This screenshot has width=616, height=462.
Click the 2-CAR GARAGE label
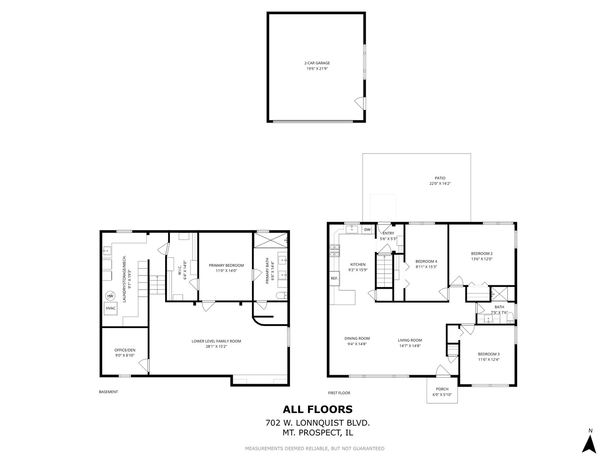(x=317, y=63)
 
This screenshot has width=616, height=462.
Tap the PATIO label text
(x=440, y=178)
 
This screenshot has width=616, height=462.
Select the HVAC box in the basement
(x=110, y=308)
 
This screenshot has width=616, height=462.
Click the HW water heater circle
(x=110, y=296)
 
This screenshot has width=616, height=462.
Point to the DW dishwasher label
(x=367, y=229)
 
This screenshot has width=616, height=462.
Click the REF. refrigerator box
(x=334, y=278)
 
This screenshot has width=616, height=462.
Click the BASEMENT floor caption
(x=108, y=392)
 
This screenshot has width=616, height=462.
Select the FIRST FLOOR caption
(x=339, y=393)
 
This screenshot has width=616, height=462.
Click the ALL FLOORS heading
(x=317, y=409)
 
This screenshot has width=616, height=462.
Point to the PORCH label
(x=442, y=389)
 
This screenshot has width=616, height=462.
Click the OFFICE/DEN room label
(x=124, y=350)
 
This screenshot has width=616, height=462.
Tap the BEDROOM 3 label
(x=489, y=354)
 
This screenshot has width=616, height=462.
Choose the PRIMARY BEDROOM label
(x=226, y=265)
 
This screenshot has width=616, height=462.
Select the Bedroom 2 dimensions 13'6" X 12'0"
(x=482, y=259)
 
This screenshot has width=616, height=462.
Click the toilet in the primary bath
(x=281, y=295)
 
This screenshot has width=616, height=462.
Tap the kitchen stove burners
(x=334, y=251)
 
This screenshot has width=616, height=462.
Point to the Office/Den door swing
(x=144, y=365)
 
